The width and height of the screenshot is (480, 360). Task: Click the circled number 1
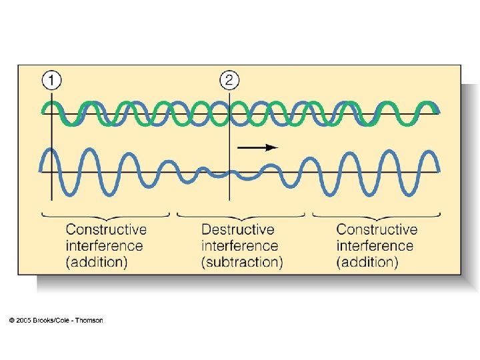(x=51, y=81)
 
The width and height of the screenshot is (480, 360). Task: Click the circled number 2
(x=229, y=81)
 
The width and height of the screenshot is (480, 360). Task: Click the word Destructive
(x=237, y=230)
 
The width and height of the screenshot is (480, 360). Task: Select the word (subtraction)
(x=242, y=262)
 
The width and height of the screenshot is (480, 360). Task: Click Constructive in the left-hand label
(x=106, y=230)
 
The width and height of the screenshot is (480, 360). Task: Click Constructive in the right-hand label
(x=377, y=230)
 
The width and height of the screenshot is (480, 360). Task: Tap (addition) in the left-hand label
(x=97, y=262)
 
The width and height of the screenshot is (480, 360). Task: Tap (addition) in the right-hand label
(x=367, y=262)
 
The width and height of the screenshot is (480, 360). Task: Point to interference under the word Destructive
(x=239, y=246)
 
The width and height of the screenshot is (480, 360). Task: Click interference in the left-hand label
(x=104, y=246)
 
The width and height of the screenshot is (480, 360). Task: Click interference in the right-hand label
(x=375, y=246)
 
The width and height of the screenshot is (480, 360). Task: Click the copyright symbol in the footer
(x=12, y=321)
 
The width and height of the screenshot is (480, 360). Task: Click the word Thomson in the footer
(x=89, y=321)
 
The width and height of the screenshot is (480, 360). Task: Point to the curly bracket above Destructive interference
(x=241, y=216)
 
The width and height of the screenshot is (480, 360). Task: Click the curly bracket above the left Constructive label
(x=107, y=216)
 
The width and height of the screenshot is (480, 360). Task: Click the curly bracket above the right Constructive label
(x=377, y=216)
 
